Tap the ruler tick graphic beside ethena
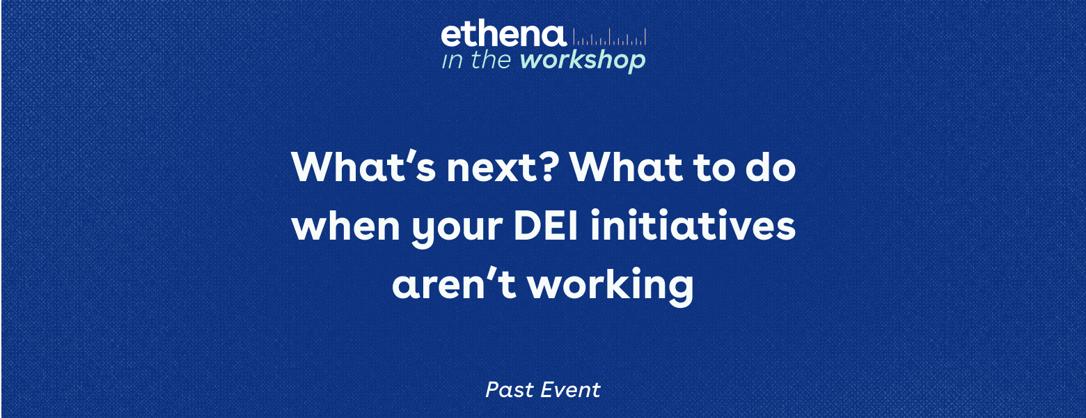point(610,37)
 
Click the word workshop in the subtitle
point(583,61)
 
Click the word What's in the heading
point(363,167)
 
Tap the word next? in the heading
point(500,169)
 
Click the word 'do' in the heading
point(771,167)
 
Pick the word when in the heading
point(346,226)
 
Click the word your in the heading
point(457,230)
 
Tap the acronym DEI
point(546,226)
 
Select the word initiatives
point(693,226)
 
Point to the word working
point(611,286)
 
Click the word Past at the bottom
point(510,390)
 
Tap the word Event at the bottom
point(571,390)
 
